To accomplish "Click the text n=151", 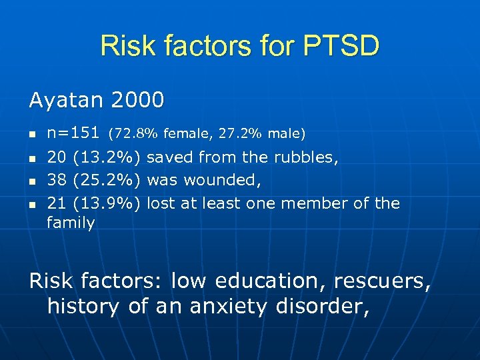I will point(73,133).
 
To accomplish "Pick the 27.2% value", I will point(241,134).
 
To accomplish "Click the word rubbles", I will point(309,157).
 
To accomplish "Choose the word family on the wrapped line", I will point(71,223).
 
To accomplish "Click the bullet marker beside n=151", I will point(33,135).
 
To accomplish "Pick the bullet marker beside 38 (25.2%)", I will point(33,181).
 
